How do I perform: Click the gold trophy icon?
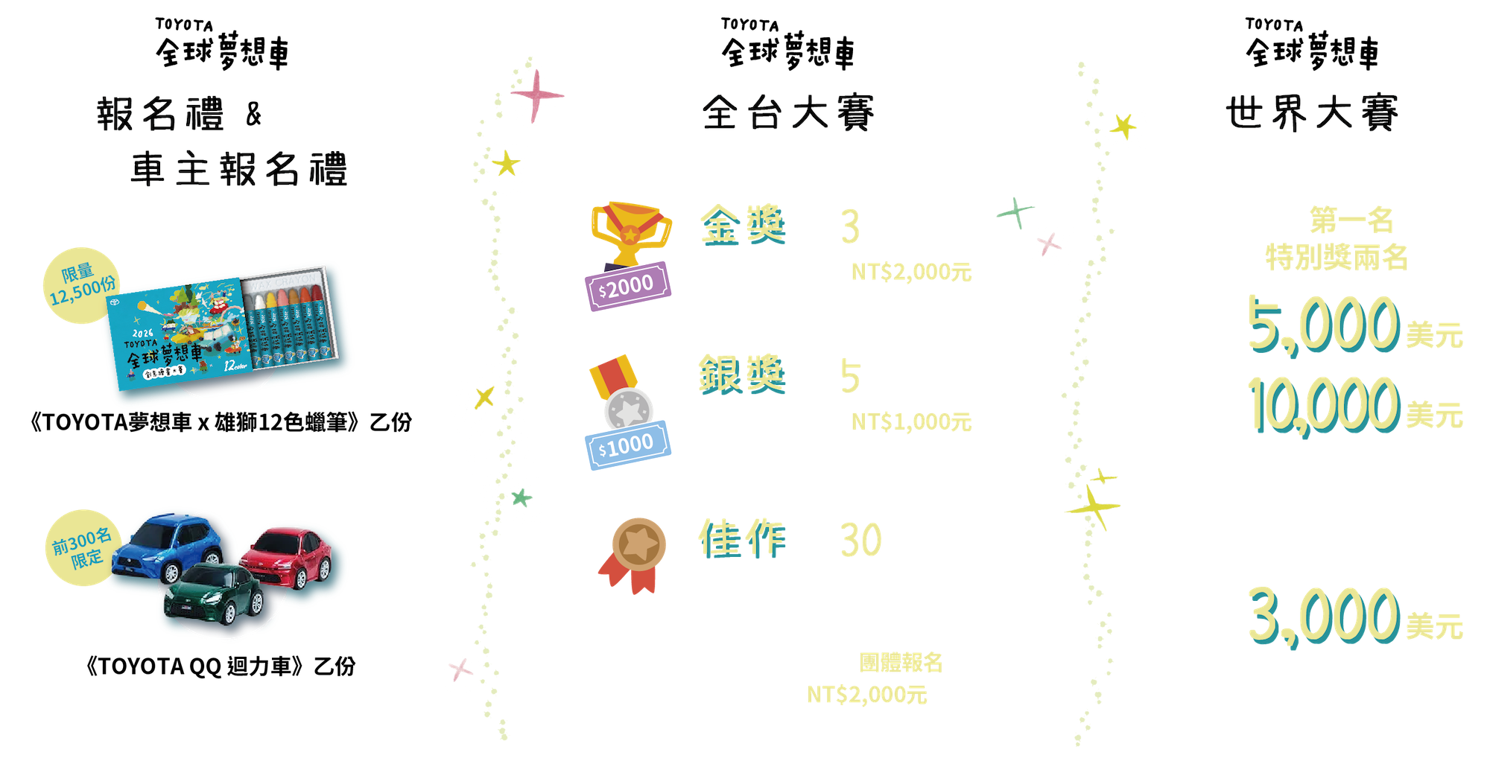(x=630, y=230)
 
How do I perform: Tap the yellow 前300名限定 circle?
(x=80, y=547)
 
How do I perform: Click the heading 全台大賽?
(x=787, y=113)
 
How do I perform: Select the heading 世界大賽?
(x=1311, y=113)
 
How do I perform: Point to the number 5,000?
(x=1323, y=324)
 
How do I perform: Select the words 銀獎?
(x=741, y=375)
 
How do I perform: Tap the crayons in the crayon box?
(x=291, y=316)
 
